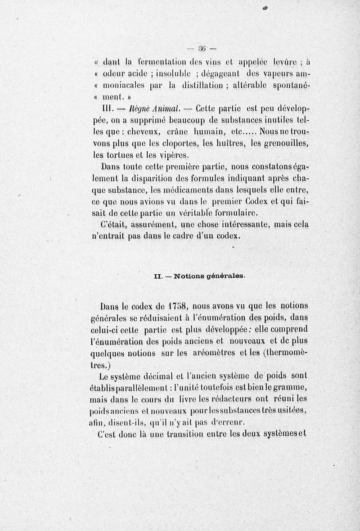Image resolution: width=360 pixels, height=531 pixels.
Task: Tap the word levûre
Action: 283,63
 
